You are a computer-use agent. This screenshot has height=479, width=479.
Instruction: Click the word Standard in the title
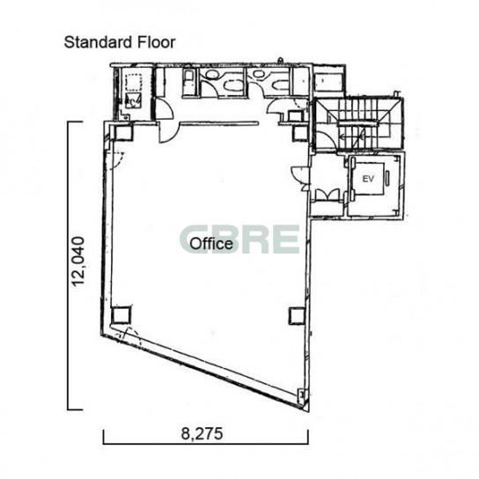99,42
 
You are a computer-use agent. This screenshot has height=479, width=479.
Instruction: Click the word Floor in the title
156,42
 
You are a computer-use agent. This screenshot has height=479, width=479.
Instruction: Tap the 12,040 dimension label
77,262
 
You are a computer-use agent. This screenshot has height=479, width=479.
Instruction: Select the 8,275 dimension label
202,433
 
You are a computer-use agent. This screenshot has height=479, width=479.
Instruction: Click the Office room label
211,244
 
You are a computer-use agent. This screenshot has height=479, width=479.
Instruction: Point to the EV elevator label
368,179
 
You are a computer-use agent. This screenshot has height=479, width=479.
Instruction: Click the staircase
360,124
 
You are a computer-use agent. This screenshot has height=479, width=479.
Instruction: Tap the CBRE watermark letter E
285,239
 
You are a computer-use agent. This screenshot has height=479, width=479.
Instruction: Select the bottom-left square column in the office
121,315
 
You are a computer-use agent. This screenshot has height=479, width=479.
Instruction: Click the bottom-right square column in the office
297,316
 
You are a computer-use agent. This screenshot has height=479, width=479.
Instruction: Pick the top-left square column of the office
123,132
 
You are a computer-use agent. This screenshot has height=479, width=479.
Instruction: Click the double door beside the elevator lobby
328,195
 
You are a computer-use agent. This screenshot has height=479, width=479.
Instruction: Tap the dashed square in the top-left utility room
133,82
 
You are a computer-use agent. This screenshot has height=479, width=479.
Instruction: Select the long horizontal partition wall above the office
218,123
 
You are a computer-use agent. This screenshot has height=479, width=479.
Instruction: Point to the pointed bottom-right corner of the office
308,411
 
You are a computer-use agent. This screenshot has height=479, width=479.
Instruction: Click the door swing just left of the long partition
167,132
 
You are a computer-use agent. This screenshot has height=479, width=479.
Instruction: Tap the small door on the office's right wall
299,173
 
